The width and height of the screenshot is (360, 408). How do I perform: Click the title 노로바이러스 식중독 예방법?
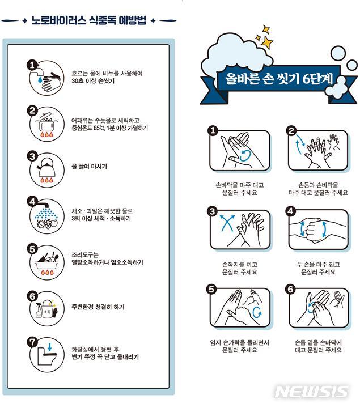point(88,21)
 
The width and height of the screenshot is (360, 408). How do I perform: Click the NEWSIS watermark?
point(311,392)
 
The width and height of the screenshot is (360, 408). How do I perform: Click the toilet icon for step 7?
point(46,354)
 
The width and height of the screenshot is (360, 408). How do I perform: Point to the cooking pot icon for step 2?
point(46,125)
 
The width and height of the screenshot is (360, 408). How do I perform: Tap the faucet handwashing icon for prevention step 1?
point(46,79)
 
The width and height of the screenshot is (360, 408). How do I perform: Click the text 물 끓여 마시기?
point(89,167)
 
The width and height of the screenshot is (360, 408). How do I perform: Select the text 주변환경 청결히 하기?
point(98,307)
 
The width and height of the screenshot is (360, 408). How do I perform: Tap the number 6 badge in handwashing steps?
point(291,289)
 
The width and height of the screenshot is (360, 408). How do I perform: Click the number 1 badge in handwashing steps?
point(213,131)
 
